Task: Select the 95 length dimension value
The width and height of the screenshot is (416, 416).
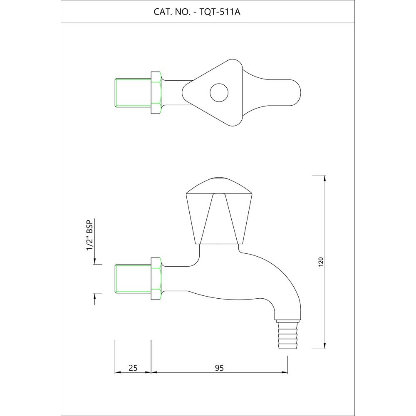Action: tap(219, 367)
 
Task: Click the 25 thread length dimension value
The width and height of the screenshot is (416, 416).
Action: tap(133, 367)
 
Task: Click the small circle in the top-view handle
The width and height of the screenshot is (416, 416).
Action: tap(219, 93)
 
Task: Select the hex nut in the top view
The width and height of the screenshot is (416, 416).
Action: tap(156, 92)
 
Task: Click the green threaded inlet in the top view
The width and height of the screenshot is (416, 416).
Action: tap(132, 92)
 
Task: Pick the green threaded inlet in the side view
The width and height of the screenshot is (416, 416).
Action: tap(132, 278)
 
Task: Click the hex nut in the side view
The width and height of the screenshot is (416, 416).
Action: tap(156, 278)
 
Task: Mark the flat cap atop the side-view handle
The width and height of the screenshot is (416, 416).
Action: tap(219, 180)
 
